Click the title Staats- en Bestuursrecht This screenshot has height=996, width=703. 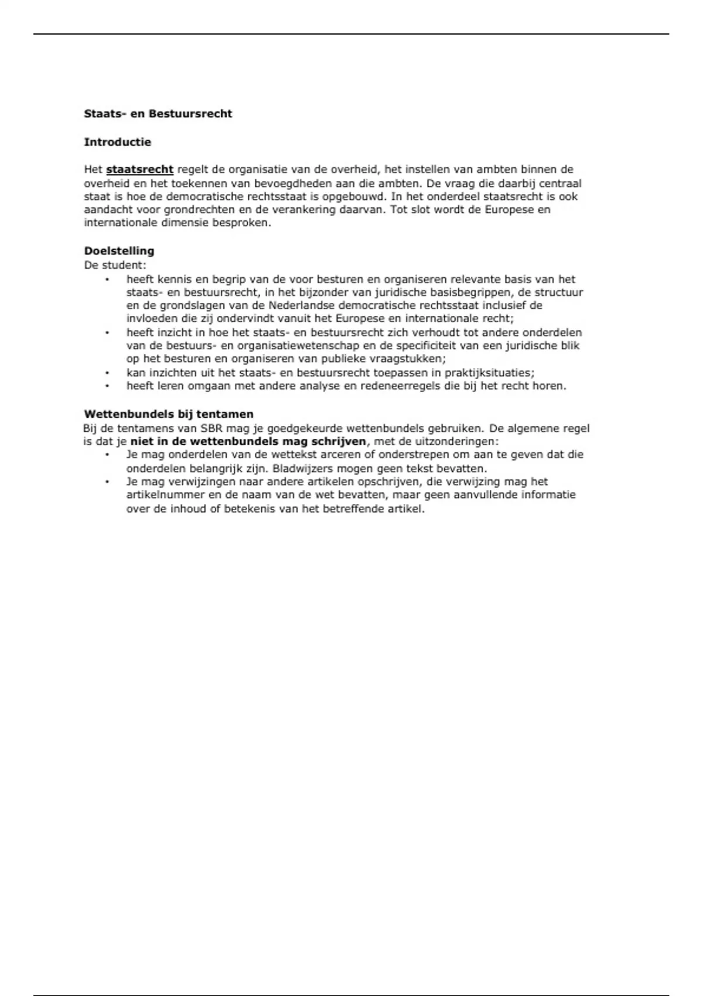[x=158, y=114]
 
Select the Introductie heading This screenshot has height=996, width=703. [x=118, y=142]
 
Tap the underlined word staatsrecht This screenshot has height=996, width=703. [x=139, y=170]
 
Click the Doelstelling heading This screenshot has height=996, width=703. [x=119, y=251]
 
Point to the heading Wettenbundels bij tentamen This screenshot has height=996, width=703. [x=169, y=414]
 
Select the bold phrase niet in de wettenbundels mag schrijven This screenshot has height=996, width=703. [x=248, y=441]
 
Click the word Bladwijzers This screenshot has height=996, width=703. [x=301, y=469]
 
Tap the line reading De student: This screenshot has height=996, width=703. [x=115, y=265]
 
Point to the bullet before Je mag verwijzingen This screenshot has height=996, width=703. [x=107, y=482]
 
